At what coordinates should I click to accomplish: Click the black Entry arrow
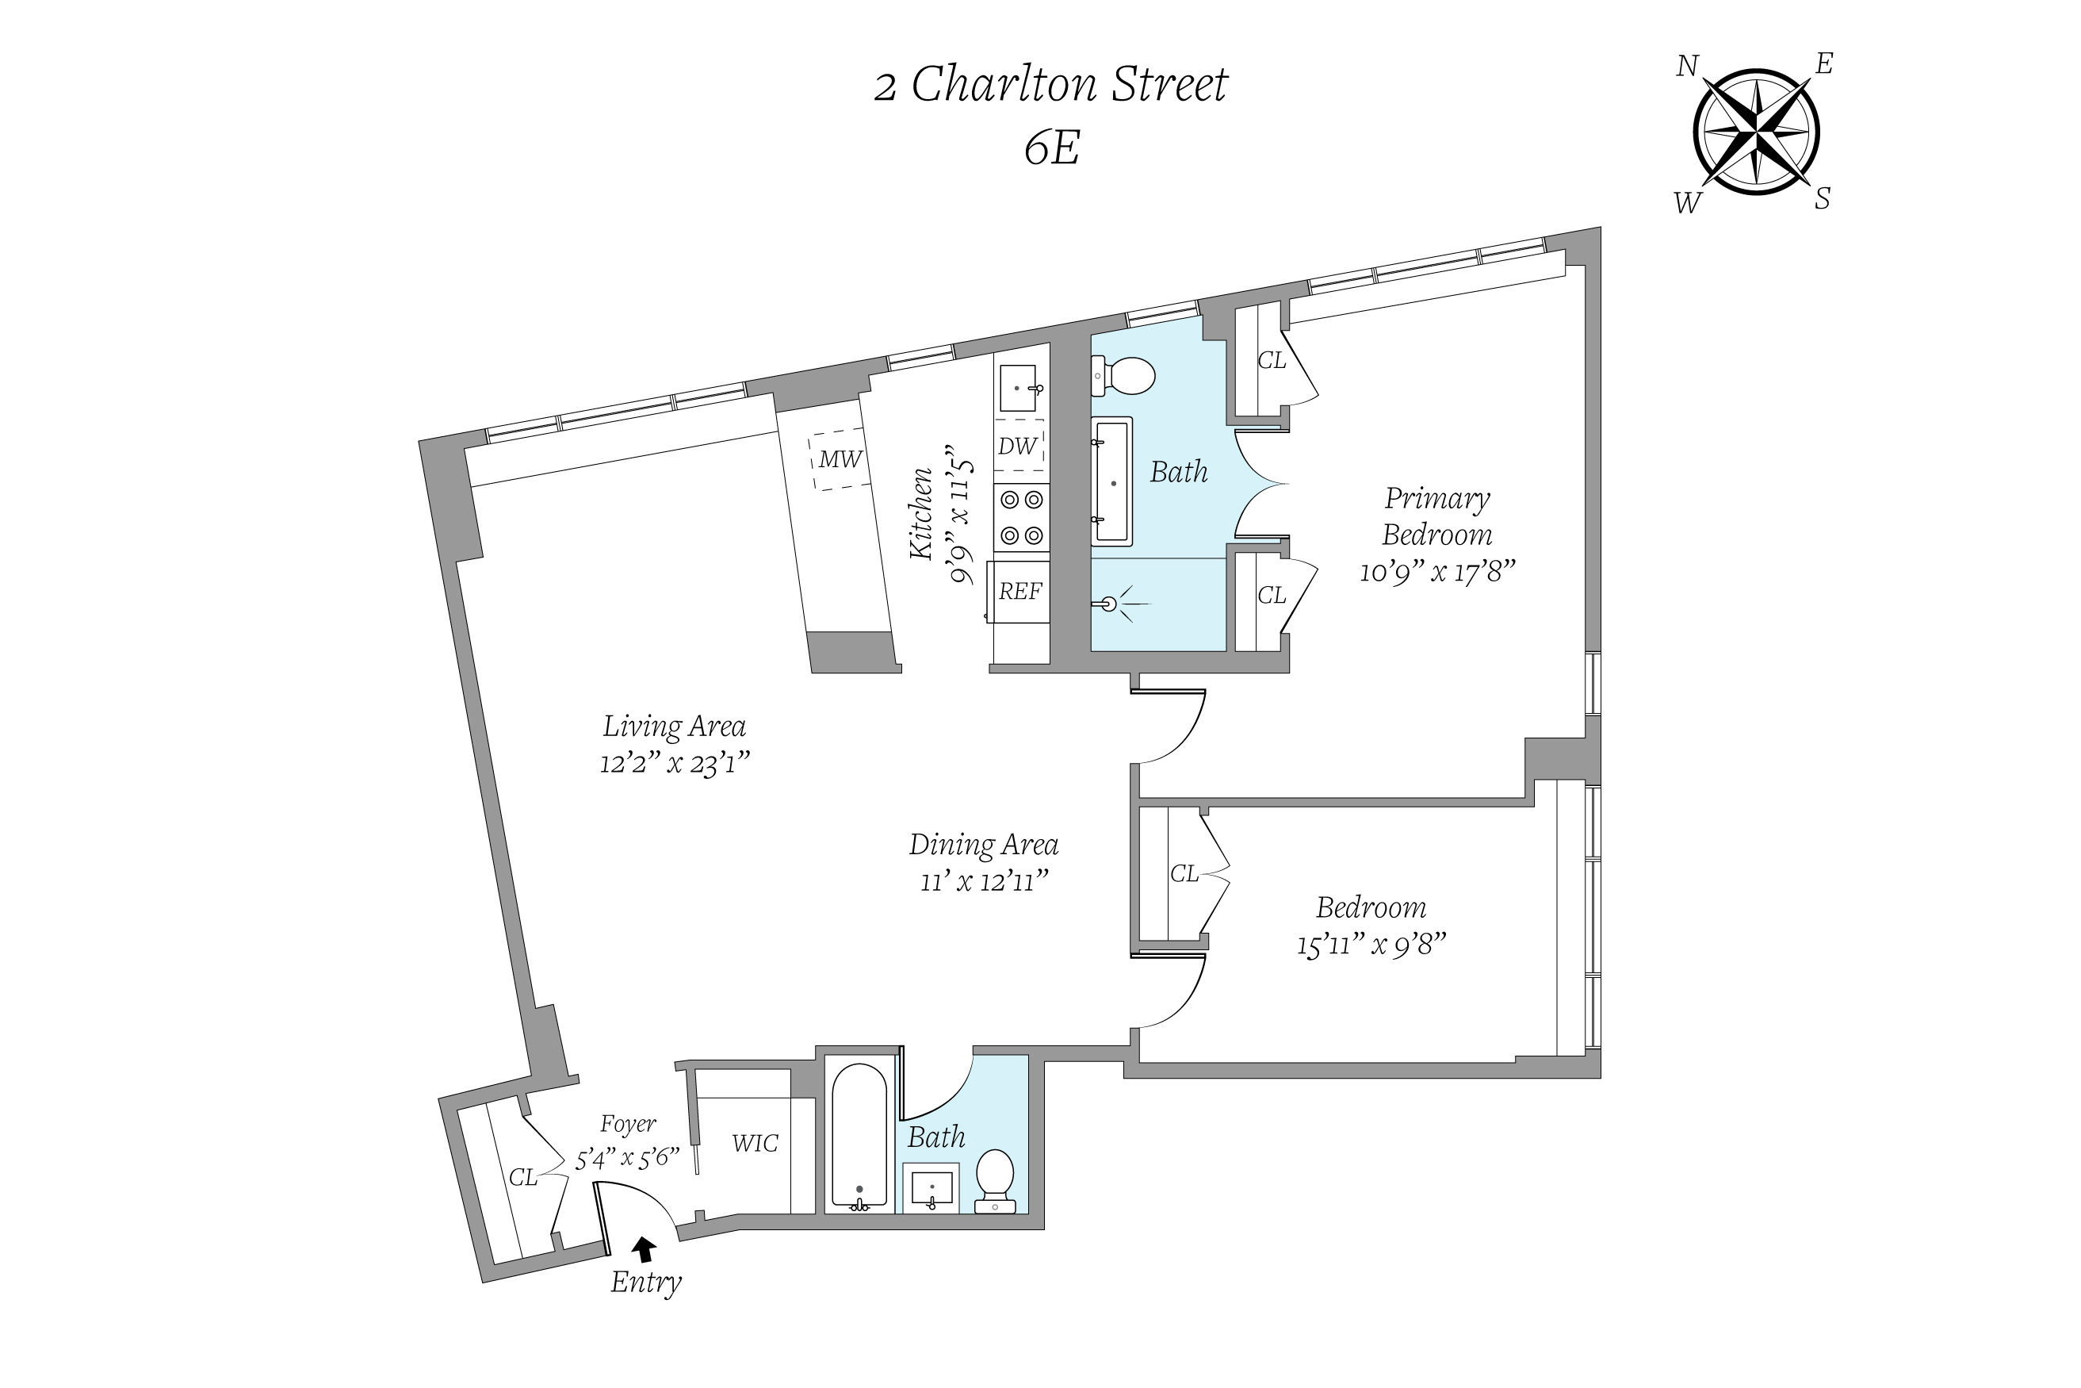(644, 1249)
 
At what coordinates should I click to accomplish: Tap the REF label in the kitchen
(1020, 592)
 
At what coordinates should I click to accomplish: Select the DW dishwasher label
(1016, 446)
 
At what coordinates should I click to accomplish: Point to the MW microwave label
(840, 458)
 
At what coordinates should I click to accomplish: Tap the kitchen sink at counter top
(1020, 389)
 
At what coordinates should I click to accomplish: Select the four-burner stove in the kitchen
(1021, 518)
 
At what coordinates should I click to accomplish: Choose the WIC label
(755, 1144)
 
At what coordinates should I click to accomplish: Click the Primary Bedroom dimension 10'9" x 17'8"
(1436, 572)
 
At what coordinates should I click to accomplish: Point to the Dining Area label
(983, 845)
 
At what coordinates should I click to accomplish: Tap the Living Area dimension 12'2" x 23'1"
(674, 762)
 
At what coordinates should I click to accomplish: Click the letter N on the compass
(1687, 67)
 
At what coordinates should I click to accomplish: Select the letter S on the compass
(1822, 199)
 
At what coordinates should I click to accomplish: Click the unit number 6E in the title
(1051, 148)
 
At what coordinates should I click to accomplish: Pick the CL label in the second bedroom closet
(1184, 874)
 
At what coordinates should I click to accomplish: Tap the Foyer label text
(627, 1123)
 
